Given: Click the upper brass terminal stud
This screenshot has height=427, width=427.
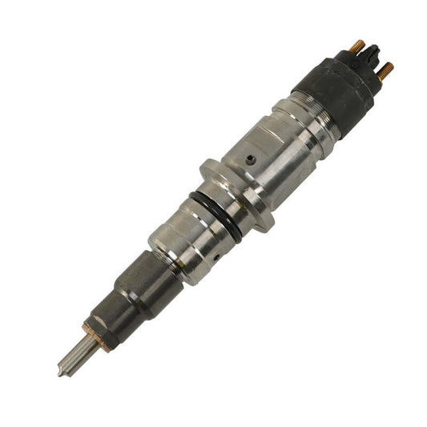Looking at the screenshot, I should tap(357, 46).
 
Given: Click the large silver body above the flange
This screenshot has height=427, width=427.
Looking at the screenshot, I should tap(268, 156).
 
